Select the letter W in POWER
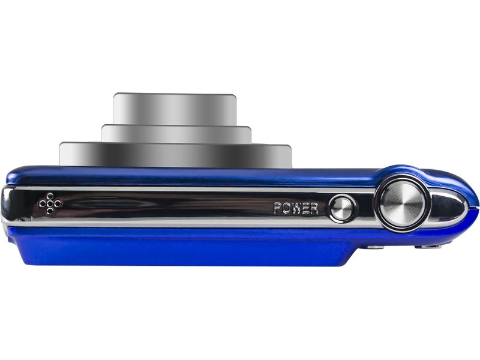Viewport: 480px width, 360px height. (296, 208)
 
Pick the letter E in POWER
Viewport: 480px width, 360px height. (306, 208)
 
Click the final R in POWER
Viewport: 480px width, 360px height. (314, 208)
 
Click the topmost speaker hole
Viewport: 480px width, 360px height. (50, 196)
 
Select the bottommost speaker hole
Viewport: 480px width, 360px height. (50, 211)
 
